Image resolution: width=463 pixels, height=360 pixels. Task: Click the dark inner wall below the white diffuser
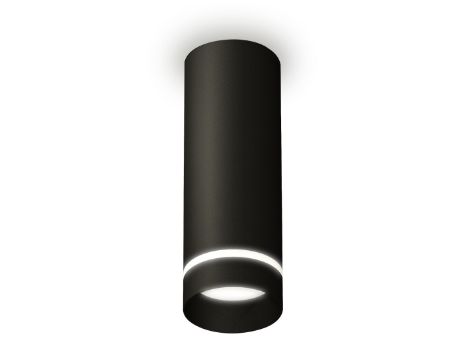click(232, 311)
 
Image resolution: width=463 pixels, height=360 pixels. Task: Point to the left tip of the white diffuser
click(202, 294)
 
